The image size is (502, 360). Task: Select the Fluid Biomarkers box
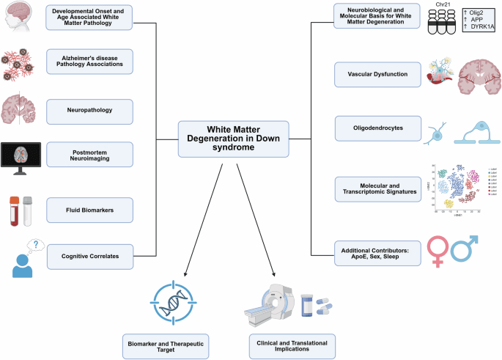[x=89, y=210]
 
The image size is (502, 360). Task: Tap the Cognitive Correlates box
[x=89, y=257]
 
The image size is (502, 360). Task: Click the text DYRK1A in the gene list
[x=481, y=26]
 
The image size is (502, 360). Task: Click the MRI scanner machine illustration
[x=267, y=304]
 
